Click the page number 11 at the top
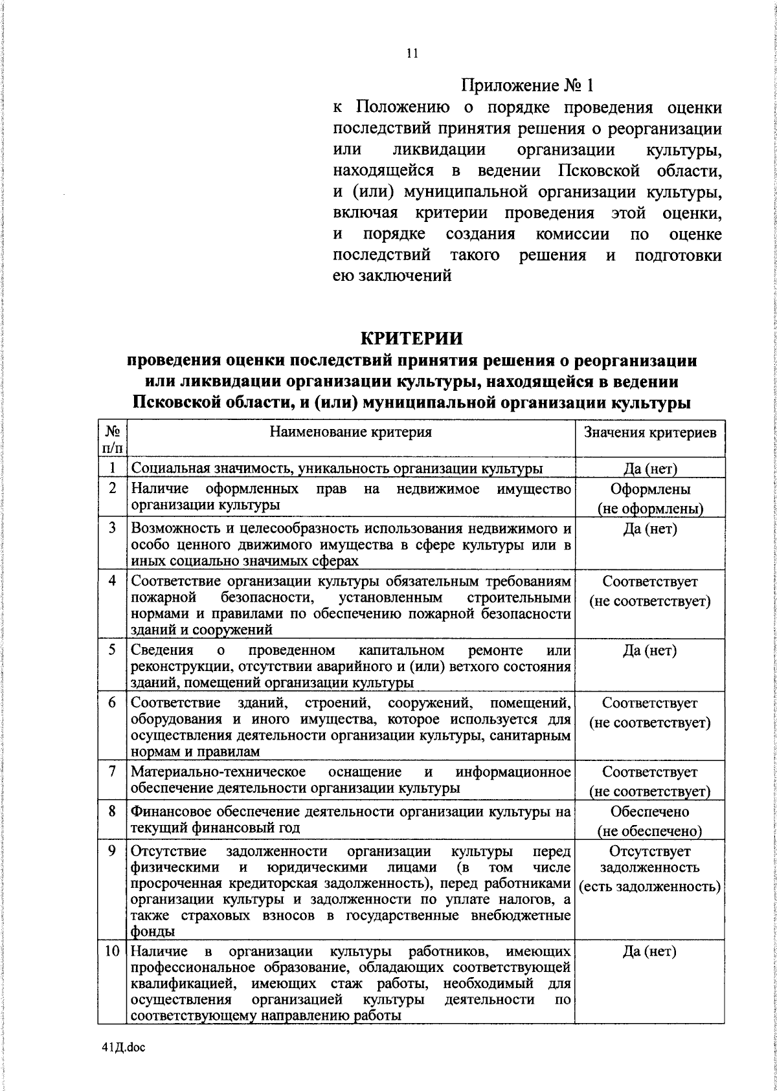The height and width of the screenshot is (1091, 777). pos(412,54)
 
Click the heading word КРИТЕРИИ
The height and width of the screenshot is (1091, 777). pos(411,338)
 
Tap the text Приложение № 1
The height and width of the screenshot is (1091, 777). pos(527,85)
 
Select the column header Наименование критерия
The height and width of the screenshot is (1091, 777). pos(350,432)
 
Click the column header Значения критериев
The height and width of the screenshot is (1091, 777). pos(650,432)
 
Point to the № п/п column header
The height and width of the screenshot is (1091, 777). pos(113,438)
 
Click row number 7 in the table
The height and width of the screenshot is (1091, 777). pos(113,771)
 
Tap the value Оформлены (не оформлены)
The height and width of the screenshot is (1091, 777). pos(650,499)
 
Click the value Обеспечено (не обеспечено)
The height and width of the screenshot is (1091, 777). pos(650,821)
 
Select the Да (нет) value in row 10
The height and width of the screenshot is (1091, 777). pos(650,951)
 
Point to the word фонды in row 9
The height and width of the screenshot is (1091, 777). pos(152,932)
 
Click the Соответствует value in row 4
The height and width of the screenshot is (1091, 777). pos(650,582)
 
